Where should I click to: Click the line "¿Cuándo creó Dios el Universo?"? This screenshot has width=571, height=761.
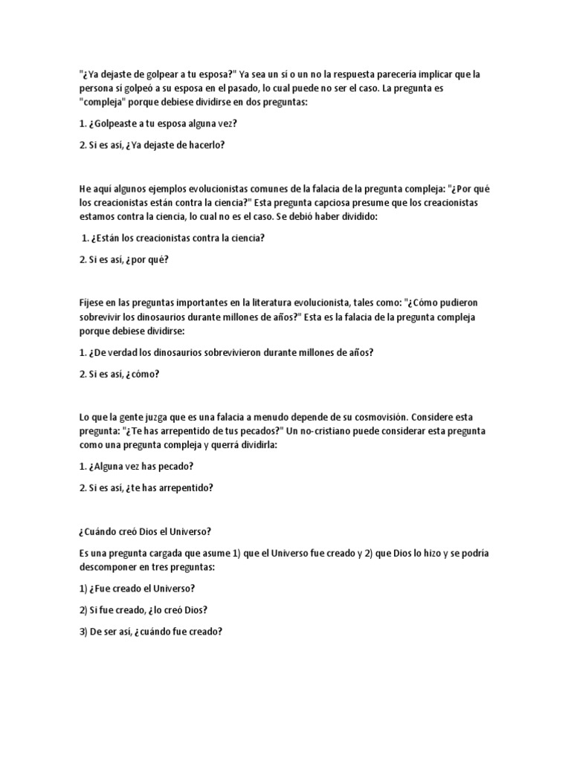[145, 531]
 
